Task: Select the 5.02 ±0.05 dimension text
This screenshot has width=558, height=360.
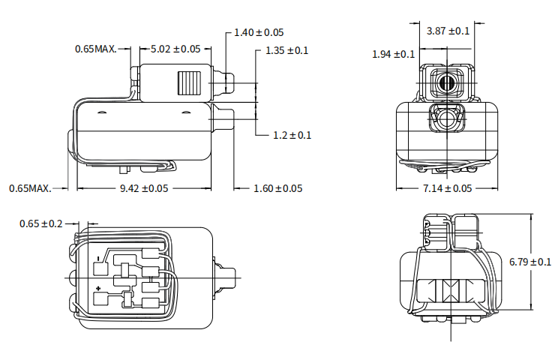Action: pos(175,49)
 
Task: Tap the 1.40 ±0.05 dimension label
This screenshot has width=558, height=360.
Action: pos(259,32)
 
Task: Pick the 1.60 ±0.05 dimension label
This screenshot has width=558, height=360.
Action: pos(278,188)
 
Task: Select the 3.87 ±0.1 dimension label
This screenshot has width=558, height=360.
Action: pos(448,31)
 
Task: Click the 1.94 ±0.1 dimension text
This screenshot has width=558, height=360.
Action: pos(393,54)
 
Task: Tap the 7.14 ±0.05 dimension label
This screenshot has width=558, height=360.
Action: pos(448,188)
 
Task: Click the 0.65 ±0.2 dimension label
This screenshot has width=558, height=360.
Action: pos(41,223)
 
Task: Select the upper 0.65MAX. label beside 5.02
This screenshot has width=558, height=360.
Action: pos(96,49)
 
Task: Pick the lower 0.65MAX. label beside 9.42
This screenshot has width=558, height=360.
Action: pos(31,188)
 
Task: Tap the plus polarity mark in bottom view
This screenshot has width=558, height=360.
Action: pos(99,288)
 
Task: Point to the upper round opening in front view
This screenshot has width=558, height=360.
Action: pos(448,82)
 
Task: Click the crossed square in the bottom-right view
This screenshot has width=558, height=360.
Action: pos(451,290)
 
